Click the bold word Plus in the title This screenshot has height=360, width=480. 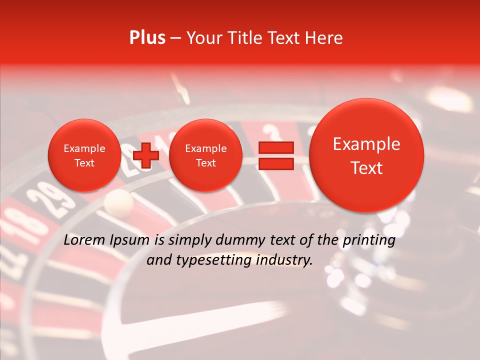pos(147,38)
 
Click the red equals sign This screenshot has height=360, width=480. pos(276,156)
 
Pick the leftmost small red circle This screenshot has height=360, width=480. pos(84,155)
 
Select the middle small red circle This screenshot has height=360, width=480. pos(205,155)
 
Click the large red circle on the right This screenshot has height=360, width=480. pos(366,155)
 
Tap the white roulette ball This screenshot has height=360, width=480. pos(119,201)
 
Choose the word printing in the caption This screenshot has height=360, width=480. pos(368,240)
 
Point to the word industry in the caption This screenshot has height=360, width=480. pos(285,260)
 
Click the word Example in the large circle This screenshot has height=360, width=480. pos(366,144)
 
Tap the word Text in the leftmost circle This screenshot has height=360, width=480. pos(84,163)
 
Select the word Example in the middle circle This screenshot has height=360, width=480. pos(205,148)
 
